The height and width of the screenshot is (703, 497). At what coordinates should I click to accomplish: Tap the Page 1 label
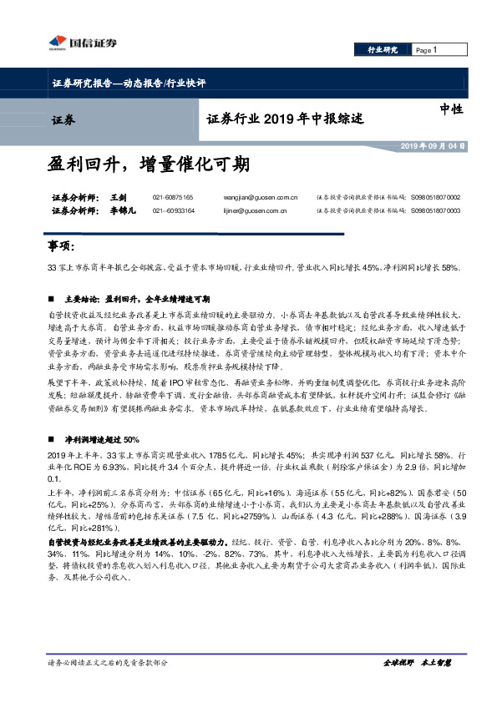point(427,50)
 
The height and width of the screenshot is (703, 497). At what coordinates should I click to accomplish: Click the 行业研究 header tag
point(383,50)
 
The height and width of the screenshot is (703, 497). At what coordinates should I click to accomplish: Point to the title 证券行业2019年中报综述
point(285,119)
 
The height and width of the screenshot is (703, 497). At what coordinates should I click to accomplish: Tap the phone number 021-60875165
point(173,197)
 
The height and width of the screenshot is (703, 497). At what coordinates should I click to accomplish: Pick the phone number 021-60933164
point(173,211)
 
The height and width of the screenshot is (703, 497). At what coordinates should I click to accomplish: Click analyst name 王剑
point(118,197)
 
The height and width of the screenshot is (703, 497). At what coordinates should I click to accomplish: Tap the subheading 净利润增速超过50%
point(101,439)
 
